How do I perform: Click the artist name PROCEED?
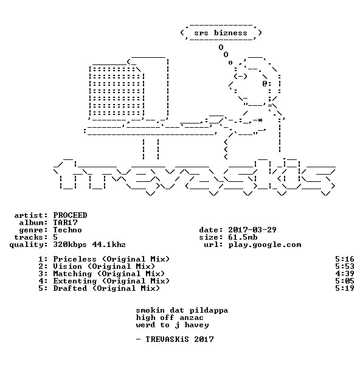[70, 215]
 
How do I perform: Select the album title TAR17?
[66, 223]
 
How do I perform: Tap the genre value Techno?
[67, 230]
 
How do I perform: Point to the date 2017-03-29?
[252, 230]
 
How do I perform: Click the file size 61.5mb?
[243, 237]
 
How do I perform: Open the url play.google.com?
[265, 245]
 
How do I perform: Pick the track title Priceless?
[75, 259]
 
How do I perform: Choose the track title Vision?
[67, 266]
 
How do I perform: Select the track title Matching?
[72, 274]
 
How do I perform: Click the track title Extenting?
[75, 281]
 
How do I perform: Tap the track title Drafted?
[70, 288]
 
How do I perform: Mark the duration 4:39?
[345, 274]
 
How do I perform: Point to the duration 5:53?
[345, 266]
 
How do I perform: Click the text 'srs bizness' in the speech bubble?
[221, 33]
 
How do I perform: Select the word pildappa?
[209, 310]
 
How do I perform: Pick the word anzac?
[192, 318]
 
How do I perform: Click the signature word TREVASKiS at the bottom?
[167, 339]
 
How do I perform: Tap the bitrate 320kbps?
[70, 245]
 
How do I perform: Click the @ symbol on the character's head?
[265, 83]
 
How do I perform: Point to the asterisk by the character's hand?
[260, 120]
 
